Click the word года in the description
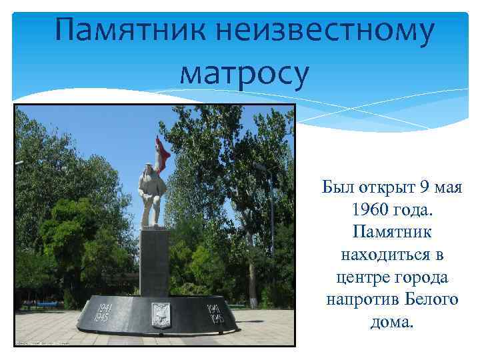[x=413, y=209]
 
